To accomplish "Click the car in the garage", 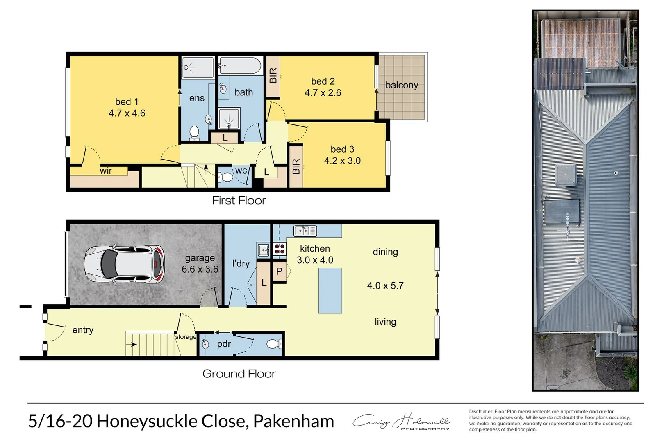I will pos(124,265).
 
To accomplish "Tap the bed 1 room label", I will pos(127,102).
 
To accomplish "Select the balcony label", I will pos(402,86).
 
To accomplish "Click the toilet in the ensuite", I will pos(194,133).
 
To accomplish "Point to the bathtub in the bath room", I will pos(240,65).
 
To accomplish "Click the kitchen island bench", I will pos(330,291).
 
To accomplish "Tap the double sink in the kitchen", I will pos(305,231).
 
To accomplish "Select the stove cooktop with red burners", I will pos(280,249).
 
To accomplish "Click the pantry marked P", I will pos(279,271).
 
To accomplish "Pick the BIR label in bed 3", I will pos(296,167).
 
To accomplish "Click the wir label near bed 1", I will pos(106,171).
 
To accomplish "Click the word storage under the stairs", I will pos(186,337).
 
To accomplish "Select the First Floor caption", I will pos(239,201).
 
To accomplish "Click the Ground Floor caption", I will pos(239,374).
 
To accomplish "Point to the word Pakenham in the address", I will pos(293,422).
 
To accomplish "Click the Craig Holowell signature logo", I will pos(401,422).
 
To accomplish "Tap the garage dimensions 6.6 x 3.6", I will pos(200,269).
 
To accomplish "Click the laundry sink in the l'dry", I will pos(263,249).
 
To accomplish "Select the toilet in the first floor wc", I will pos(226,177).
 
